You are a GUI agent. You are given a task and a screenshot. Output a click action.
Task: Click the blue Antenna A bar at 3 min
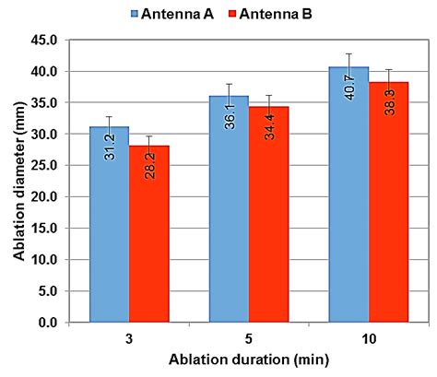coord(109,225)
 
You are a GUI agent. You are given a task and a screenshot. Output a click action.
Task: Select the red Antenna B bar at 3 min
coord(148,234)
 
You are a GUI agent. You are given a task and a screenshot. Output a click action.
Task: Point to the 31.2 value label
coord(110,144)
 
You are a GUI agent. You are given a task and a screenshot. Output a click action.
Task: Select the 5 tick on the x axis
coord(250,338)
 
